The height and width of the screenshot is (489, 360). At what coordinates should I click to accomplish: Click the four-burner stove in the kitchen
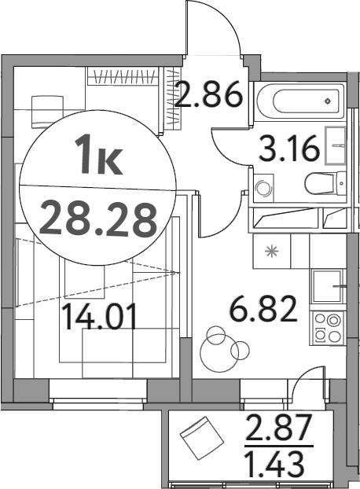(327, 327)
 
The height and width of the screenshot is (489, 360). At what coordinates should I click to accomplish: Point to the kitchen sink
(325, 288)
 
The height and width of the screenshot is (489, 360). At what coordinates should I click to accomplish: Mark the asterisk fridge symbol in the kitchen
(271, 252)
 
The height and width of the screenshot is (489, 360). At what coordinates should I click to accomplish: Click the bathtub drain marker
(329, 101)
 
